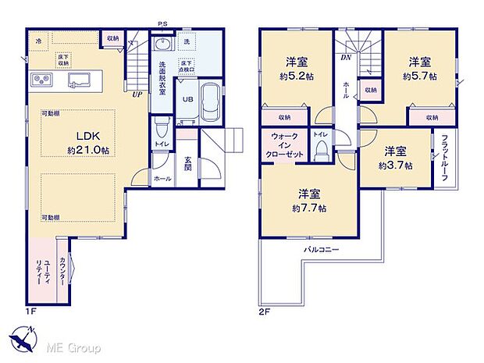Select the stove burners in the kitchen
pos(41,80)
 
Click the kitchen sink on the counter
pos(80,80)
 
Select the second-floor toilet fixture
pos(320,151)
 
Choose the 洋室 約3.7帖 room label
pos(394,158)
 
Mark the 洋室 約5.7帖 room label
pos(418,69)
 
